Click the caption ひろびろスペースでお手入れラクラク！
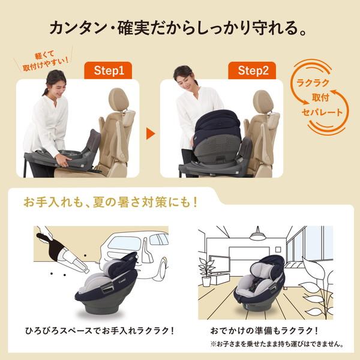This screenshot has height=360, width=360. [x=88, y=329]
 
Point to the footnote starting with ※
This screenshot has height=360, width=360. [x=266, y=344]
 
